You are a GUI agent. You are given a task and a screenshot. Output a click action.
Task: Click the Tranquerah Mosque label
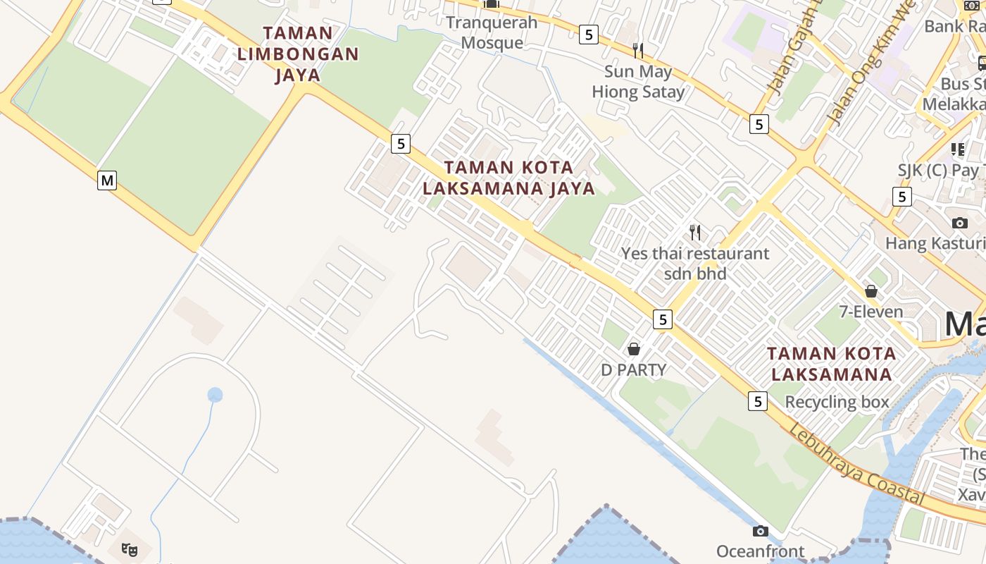[x=492, y=32]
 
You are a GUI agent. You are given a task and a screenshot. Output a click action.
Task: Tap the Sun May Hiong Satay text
[x=638, y=81]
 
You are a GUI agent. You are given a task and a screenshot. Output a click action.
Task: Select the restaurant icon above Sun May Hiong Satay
[x=638, y=50]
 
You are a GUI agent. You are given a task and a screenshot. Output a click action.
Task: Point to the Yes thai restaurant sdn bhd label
[x=695, y=263]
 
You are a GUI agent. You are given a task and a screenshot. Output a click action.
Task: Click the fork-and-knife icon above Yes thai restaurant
[x=695, y=232]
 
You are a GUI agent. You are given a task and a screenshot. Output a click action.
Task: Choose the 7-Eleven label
[x=871, y=312]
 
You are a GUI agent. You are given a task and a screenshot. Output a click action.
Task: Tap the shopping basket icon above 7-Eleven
[x=871, y=290]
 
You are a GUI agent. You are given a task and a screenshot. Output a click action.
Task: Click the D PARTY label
[x=633, y=369]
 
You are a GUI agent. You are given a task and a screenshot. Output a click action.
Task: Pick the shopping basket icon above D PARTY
[x=633, y=348]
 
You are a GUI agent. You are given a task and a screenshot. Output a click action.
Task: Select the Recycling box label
[x=837, y=402]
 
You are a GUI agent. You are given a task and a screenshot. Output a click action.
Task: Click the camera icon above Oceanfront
[x=761, y=530]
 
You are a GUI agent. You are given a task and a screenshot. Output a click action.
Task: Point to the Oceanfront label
[x=761, y=551]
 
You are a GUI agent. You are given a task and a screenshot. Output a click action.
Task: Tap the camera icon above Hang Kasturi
[x=959, y=223]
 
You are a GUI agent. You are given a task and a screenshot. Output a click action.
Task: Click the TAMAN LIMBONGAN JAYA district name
[x=298, y=54]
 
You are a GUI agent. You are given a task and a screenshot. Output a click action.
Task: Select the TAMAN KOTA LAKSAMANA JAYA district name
[x=509, y=178]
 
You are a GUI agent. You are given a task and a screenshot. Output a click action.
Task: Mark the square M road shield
[x=106, y=180]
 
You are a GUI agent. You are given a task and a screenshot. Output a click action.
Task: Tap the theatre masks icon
[x=129, y=548]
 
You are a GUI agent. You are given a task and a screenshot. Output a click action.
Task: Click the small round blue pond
[x=215, y=395]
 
